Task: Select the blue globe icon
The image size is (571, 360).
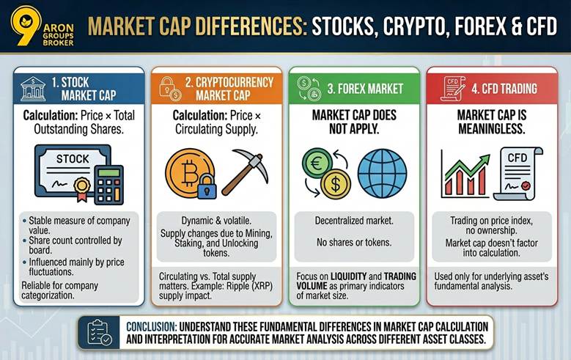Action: pos(381,172)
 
